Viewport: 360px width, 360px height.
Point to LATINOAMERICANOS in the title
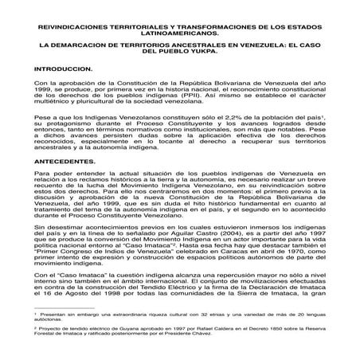(x=180, y=32)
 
